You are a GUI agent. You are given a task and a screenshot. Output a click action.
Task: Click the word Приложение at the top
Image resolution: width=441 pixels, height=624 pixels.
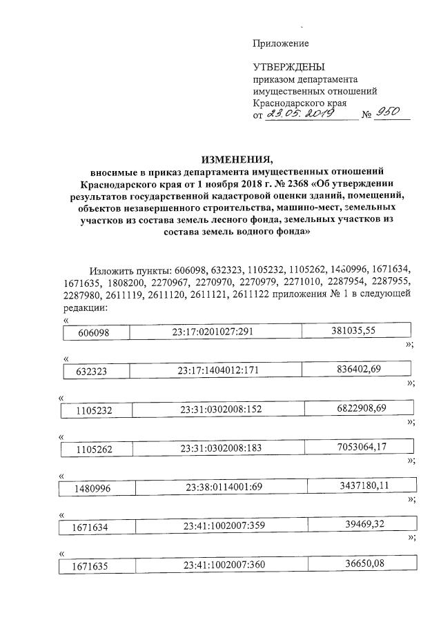coord(280,43)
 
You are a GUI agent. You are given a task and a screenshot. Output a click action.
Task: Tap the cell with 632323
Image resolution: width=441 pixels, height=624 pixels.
coord(95,372)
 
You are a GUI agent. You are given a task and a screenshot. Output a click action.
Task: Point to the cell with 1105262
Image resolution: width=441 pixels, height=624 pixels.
coord(97,449)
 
